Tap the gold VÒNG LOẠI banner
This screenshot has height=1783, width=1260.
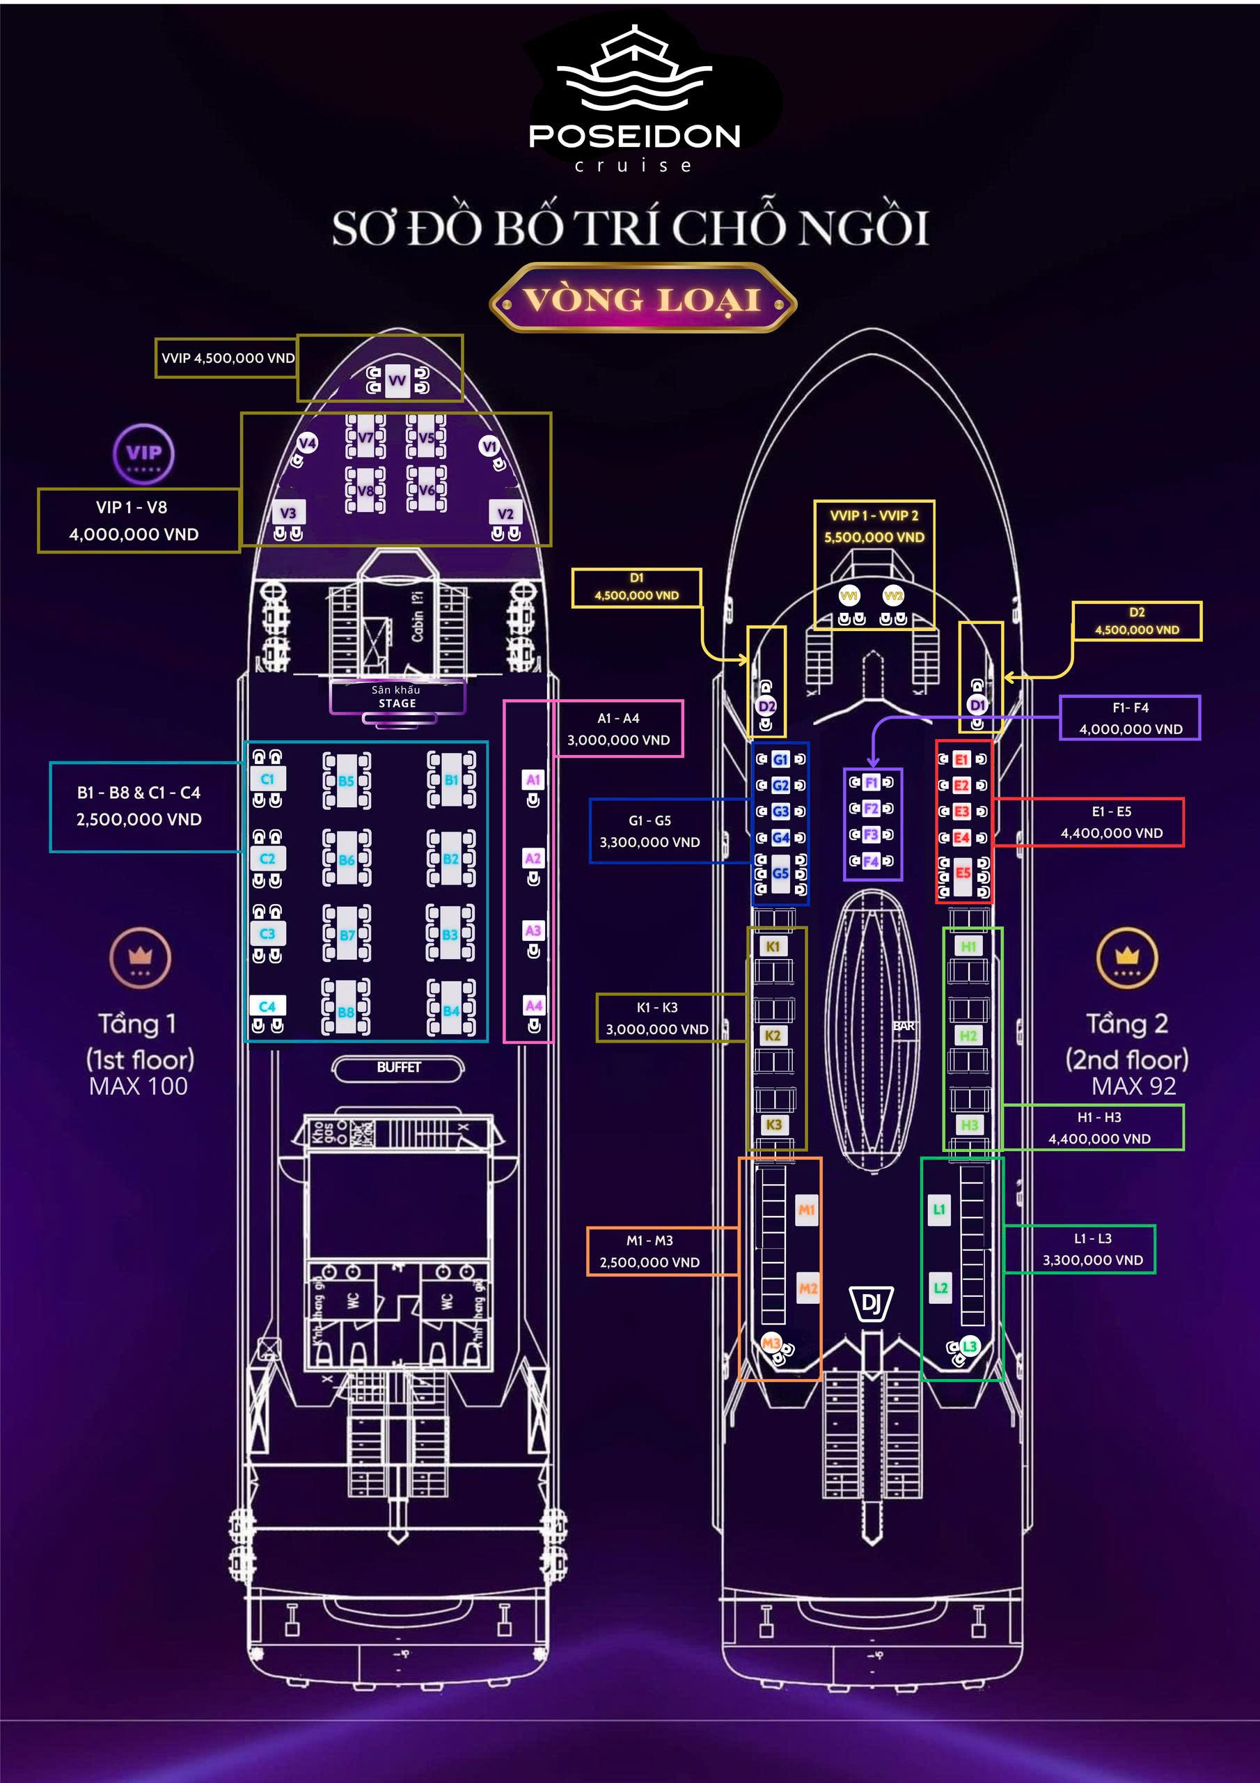coord(643,299)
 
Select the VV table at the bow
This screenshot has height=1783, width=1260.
coord(397,380)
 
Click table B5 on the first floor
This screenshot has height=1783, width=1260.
coord(346,781)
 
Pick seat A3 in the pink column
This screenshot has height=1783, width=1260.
coord(533,931)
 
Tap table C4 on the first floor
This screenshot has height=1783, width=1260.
coord(267,1006)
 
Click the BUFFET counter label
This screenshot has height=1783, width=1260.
coord(398,1068)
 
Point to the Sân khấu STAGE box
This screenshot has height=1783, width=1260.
coord(397,696)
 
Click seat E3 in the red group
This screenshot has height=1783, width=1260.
coord(962,811)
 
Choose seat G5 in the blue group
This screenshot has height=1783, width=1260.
coord(780,873)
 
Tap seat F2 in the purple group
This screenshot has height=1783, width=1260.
coord(871,809)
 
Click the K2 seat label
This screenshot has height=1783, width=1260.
coord(773,1036)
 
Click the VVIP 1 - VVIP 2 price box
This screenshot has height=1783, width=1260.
coord(874,526)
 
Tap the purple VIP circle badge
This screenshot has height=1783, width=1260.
coord(143,453)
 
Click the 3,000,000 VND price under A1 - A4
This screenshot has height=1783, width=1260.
coord(618,740)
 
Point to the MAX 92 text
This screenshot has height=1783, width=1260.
coord(1133,1086)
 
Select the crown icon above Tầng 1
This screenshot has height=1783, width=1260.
coord(140,957)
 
